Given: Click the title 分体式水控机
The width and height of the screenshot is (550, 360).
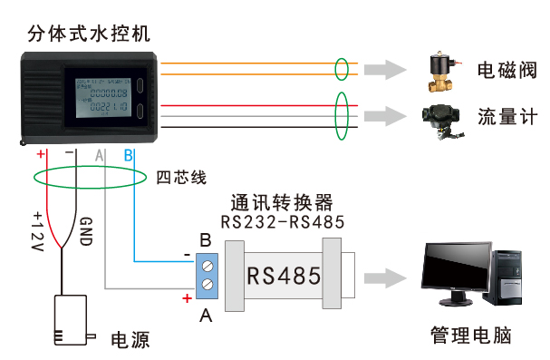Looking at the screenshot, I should click(89, 34).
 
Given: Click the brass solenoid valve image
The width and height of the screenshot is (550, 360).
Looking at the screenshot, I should click(444, 71).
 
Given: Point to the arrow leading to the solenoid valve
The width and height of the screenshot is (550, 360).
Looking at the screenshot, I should click(390, 69).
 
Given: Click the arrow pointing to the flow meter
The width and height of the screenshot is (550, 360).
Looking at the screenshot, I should click(390, 116).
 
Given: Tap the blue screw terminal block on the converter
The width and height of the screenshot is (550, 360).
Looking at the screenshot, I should click(208, 276).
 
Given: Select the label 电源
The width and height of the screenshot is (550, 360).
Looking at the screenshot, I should click(130, 341).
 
